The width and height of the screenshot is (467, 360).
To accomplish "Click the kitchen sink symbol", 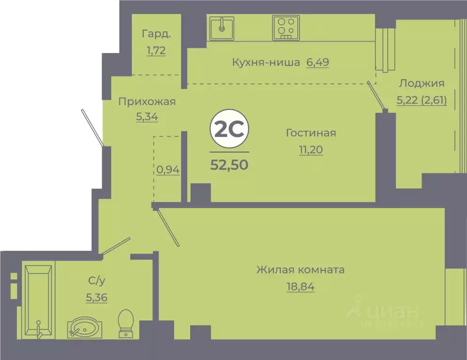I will tap(222, 28).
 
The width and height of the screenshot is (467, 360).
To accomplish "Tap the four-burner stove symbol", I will tap(286, 28).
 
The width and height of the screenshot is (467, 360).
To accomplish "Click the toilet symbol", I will tap(125, 323).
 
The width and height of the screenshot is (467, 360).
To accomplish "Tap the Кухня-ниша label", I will tap(265, 62).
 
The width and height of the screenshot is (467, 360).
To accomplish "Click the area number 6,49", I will tap(317, 62).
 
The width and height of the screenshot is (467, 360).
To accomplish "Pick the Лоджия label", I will tap(422, 84).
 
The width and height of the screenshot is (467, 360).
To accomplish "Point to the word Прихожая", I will tap(147, 101).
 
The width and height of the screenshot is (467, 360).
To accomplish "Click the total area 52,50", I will tap(229, 165).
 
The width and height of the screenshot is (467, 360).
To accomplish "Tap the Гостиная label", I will tap(311, 133).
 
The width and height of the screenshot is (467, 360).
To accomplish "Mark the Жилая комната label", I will tap(300, 270).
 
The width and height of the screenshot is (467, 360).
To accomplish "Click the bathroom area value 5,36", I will tap(97, 297).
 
